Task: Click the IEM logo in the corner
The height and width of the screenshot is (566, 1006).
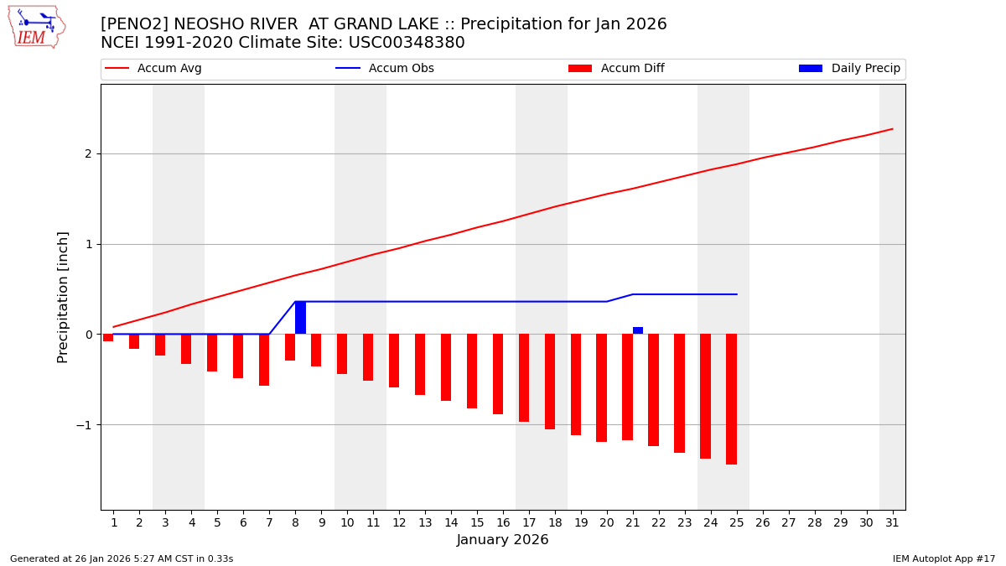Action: click(x=36, y=26)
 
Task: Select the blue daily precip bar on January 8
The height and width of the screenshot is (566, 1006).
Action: click(x=300, y=318)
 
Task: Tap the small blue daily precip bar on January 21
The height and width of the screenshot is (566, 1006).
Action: click(x=638, y=330)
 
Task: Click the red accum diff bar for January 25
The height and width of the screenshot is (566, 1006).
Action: click(x=731, y=399)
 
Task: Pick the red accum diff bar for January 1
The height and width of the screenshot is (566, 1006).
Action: click(x=108, y=337)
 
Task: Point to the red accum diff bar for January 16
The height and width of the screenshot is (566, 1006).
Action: click(x=498, y=374)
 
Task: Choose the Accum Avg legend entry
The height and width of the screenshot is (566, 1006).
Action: click(x=153, y=69)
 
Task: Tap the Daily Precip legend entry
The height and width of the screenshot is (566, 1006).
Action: click(x=849, y=69)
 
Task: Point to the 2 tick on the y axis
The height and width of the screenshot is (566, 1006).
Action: click(x=87, y=154)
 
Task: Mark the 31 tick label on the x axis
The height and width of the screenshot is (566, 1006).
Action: click(x=892, y=522)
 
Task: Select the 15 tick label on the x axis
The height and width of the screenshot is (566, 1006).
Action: click(x=477, y=522)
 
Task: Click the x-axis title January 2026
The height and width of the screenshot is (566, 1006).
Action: click(x=503, y=540)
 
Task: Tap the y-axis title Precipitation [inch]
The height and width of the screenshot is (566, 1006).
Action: click(x=63, y=297)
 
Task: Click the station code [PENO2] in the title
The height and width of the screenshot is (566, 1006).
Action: click(x=133, y=24)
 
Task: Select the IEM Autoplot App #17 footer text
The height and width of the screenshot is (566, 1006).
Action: click(x=944, y=558)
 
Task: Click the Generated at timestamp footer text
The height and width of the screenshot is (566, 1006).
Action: click(x=122, y=558)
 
